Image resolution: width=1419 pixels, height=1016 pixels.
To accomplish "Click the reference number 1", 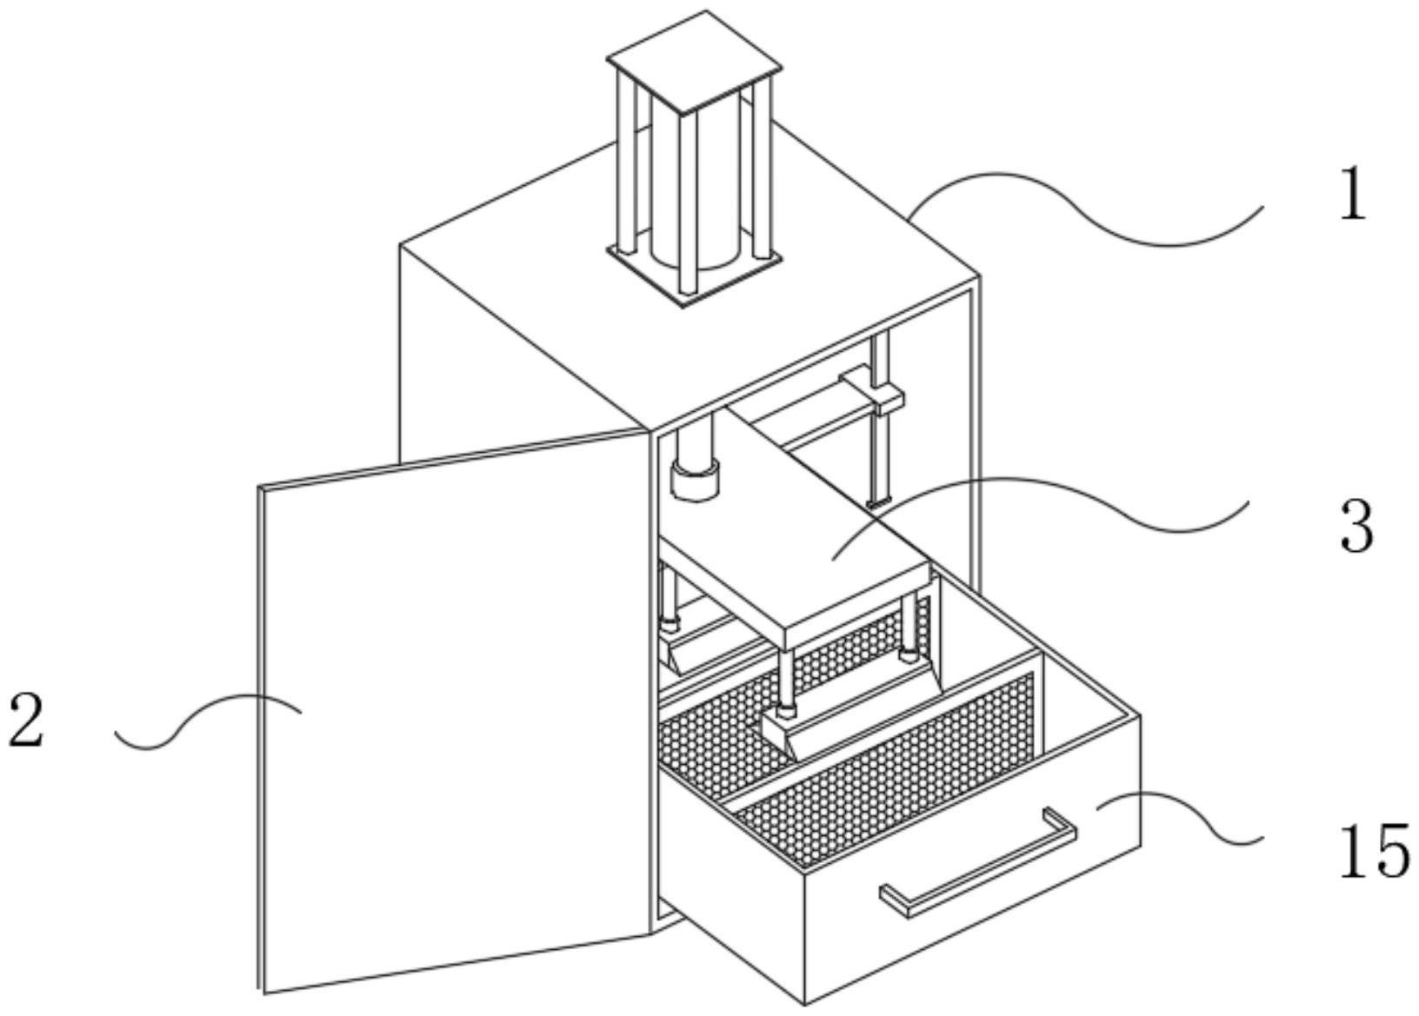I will (1351, 195).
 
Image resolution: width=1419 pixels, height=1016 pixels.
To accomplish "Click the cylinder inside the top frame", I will (696, 191).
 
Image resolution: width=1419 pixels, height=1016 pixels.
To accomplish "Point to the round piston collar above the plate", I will (694, 481).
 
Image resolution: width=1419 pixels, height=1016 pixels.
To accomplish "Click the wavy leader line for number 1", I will (1087, 213).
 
